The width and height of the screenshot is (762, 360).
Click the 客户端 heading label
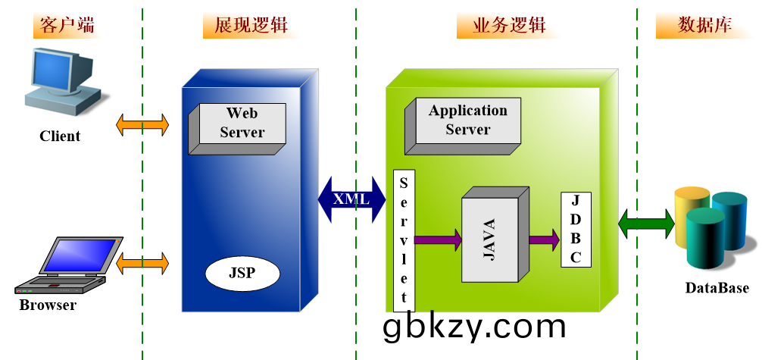point(68,25)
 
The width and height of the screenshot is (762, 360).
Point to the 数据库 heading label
point(704,25)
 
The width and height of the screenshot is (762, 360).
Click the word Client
point(60,136)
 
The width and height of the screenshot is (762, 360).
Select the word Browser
point(48,305)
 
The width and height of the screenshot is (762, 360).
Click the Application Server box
point(467,121)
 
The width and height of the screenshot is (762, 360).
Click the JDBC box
point(576,230)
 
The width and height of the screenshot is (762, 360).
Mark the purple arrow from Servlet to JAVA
point(438,240)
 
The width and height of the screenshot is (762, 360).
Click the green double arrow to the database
point(646,224)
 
